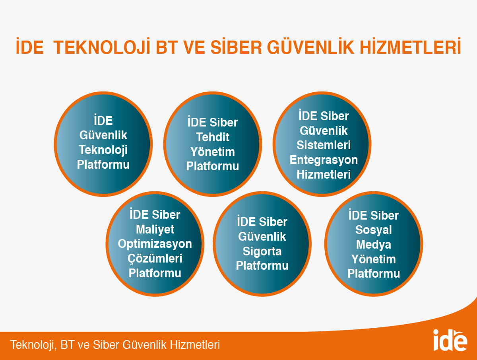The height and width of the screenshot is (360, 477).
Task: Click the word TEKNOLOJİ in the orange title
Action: (102, 46)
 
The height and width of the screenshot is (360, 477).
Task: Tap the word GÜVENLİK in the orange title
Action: (310, 46)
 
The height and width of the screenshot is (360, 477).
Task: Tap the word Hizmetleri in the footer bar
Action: (195, 345)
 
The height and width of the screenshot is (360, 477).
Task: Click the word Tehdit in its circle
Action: (213, 137)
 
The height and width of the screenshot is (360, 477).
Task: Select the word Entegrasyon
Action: (324, 160)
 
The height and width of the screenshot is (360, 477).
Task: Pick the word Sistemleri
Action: (324, 145)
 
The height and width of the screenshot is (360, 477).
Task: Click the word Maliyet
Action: (155, 230)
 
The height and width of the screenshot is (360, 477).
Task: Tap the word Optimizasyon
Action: (155, 244)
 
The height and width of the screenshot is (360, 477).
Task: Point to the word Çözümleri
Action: (155, 259)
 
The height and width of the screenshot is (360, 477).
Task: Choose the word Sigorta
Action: (262, 251)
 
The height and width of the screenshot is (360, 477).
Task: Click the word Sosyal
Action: (374, 230)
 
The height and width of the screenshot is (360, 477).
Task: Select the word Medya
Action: (374, 245)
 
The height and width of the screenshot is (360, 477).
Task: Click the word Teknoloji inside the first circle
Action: (103, 150)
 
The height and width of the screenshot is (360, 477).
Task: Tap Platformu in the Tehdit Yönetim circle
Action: (213, 166)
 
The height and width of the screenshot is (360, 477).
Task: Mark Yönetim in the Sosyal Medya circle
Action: (374, 259)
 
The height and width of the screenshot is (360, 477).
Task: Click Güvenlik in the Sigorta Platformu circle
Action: (262, 237)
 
